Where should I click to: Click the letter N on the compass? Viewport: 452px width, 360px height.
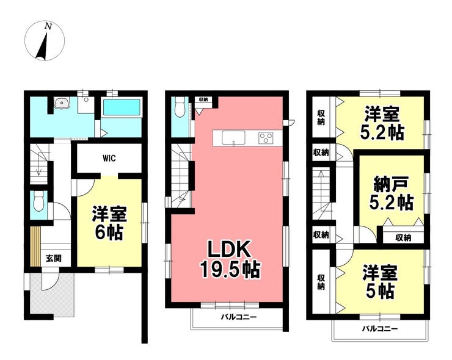48,27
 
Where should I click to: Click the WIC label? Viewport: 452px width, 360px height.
109,158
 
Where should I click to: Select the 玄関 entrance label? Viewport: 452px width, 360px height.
54,258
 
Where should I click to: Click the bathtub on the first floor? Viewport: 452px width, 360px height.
122,107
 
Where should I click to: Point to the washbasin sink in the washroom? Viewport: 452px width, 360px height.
61,103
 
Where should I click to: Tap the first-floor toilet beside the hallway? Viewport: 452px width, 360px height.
38,201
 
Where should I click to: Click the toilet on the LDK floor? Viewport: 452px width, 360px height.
180,107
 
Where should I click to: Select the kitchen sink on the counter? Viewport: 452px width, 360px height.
233,138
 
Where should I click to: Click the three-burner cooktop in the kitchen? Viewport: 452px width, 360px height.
266,137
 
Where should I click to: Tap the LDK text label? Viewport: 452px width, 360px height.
229,249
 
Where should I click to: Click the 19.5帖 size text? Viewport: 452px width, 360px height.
231,269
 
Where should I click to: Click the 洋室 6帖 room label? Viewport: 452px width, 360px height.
109,223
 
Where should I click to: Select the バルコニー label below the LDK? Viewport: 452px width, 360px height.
239,317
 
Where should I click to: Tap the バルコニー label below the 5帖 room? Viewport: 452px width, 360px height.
380,328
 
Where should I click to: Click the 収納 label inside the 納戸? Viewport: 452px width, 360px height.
403,237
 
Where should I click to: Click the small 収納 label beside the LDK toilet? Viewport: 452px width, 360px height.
203,99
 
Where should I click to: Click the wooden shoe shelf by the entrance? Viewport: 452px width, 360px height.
35,247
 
